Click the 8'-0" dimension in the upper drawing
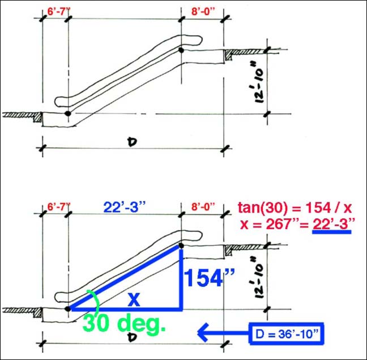[203, 12]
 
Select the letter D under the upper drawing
[133, 142]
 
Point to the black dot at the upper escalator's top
[181, 50]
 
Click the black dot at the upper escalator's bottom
[68, 113]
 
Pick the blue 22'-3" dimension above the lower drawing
[124, 207]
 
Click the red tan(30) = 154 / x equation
[295, 207]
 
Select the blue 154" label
[209, 278]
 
